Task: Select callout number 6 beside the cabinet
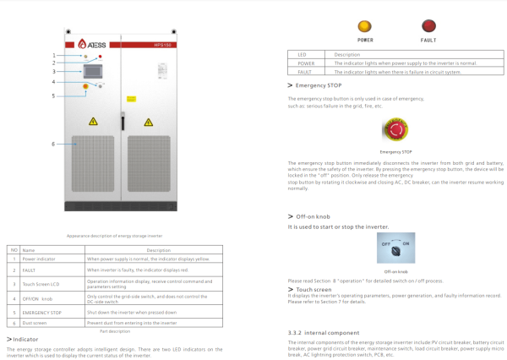(53, 144)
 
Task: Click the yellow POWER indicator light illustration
(365, 27)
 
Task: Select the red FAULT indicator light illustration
(428, 27)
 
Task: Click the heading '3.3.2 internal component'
(325, 331)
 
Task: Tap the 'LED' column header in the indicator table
(303, 55)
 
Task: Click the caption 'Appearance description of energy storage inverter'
(114, 236)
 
